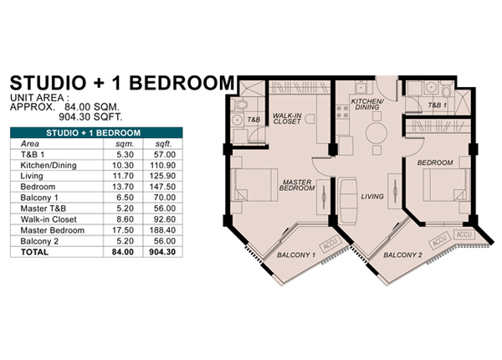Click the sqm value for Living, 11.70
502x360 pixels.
pos(125,176)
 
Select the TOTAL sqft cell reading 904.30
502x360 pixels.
pos(162,252)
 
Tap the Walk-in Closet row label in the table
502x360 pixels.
pos(49,219)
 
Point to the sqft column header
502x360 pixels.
pos(164,144)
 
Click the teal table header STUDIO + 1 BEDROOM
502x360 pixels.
pos(93,133)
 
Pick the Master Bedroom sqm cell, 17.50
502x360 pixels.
pos(125,230)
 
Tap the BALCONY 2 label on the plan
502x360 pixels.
pos(402,255)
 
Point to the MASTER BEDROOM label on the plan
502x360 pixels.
pos(297,185)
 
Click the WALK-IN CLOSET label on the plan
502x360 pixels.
pos(287,119)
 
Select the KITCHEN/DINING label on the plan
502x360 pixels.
pos(367,104)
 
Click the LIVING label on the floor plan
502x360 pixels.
pos(372,197)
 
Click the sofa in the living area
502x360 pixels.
pos(347,201)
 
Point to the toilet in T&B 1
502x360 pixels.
pos(446,90)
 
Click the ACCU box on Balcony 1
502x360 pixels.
pos(330,245)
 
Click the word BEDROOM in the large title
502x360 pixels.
pos(182,83)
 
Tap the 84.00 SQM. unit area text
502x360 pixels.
pos(92,107)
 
